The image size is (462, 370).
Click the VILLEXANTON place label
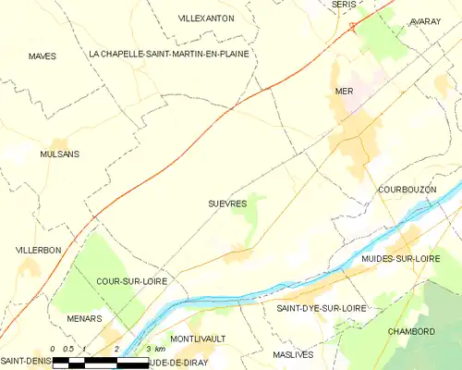click(205, 18)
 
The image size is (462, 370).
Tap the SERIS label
click(344, 5)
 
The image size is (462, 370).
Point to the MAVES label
click(42, 56)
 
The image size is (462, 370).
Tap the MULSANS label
click(60, 154)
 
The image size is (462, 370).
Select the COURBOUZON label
click(407, 189)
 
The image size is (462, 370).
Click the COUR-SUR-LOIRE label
click(129, 279)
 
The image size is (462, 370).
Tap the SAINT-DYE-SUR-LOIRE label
click(315, 306)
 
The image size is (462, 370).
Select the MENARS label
click(84, 318)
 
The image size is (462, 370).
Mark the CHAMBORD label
click(411, 331)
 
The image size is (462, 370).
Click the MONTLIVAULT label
click(199, 339)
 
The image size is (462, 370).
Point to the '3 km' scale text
click(152, 349)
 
